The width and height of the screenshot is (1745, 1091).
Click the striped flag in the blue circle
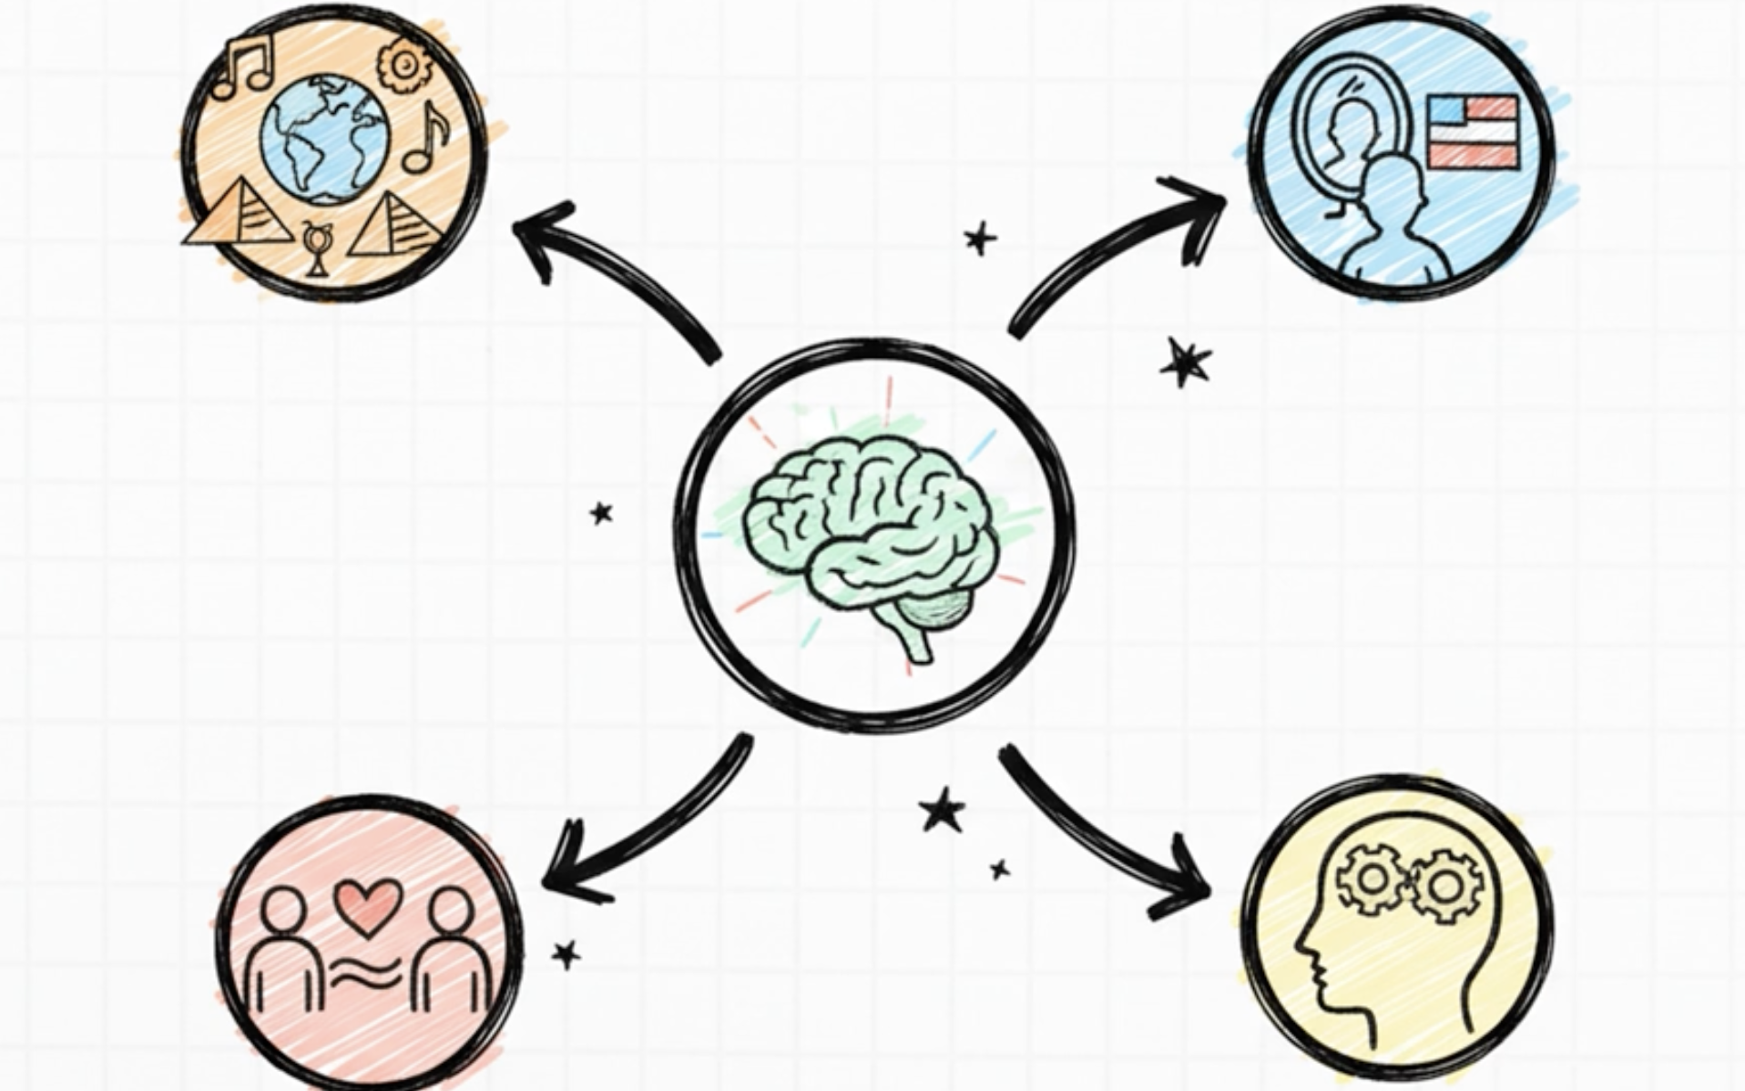tap(1473, 132)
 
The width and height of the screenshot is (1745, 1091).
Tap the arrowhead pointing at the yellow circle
tap(1189, 888)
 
